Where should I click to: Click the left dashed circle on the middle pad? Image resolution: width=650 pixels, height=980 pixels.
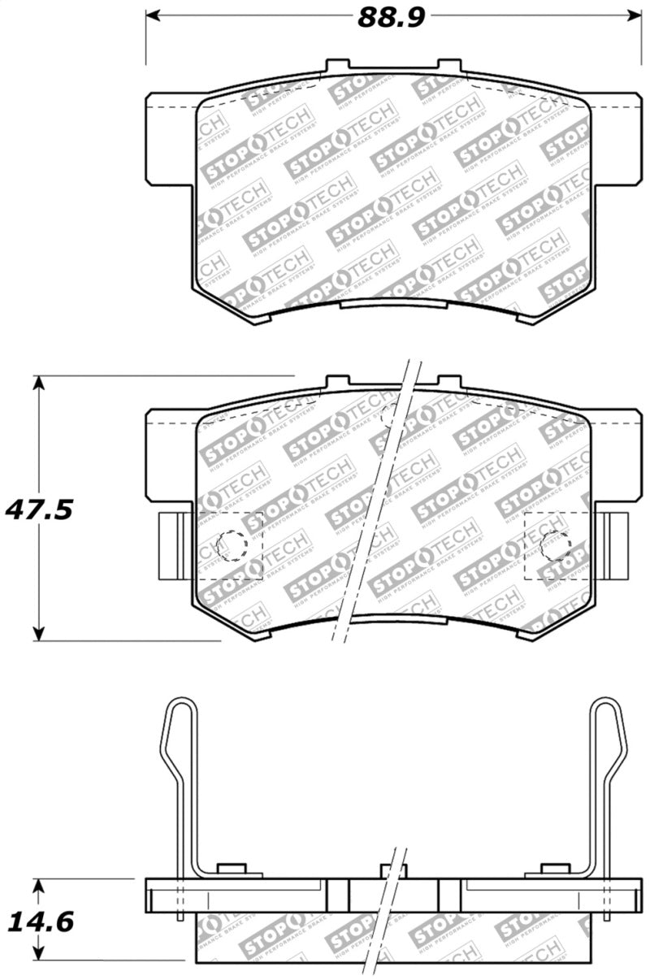[232, 545]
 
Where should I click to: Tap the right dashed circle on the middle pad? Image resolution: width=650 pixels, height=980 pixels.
[556, 545]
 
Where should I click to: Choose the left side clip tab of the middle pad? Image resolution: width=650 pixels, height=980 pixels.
[173, 546]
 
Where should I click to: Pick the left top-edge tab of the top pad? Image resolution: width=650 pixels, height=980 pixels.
[340, 67]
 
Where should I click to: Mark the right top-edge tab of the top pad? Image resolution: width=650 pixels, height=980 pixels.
[449, 67]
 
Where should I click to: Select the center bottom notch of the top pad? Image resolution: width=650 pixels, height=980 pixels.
[393, 305]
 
